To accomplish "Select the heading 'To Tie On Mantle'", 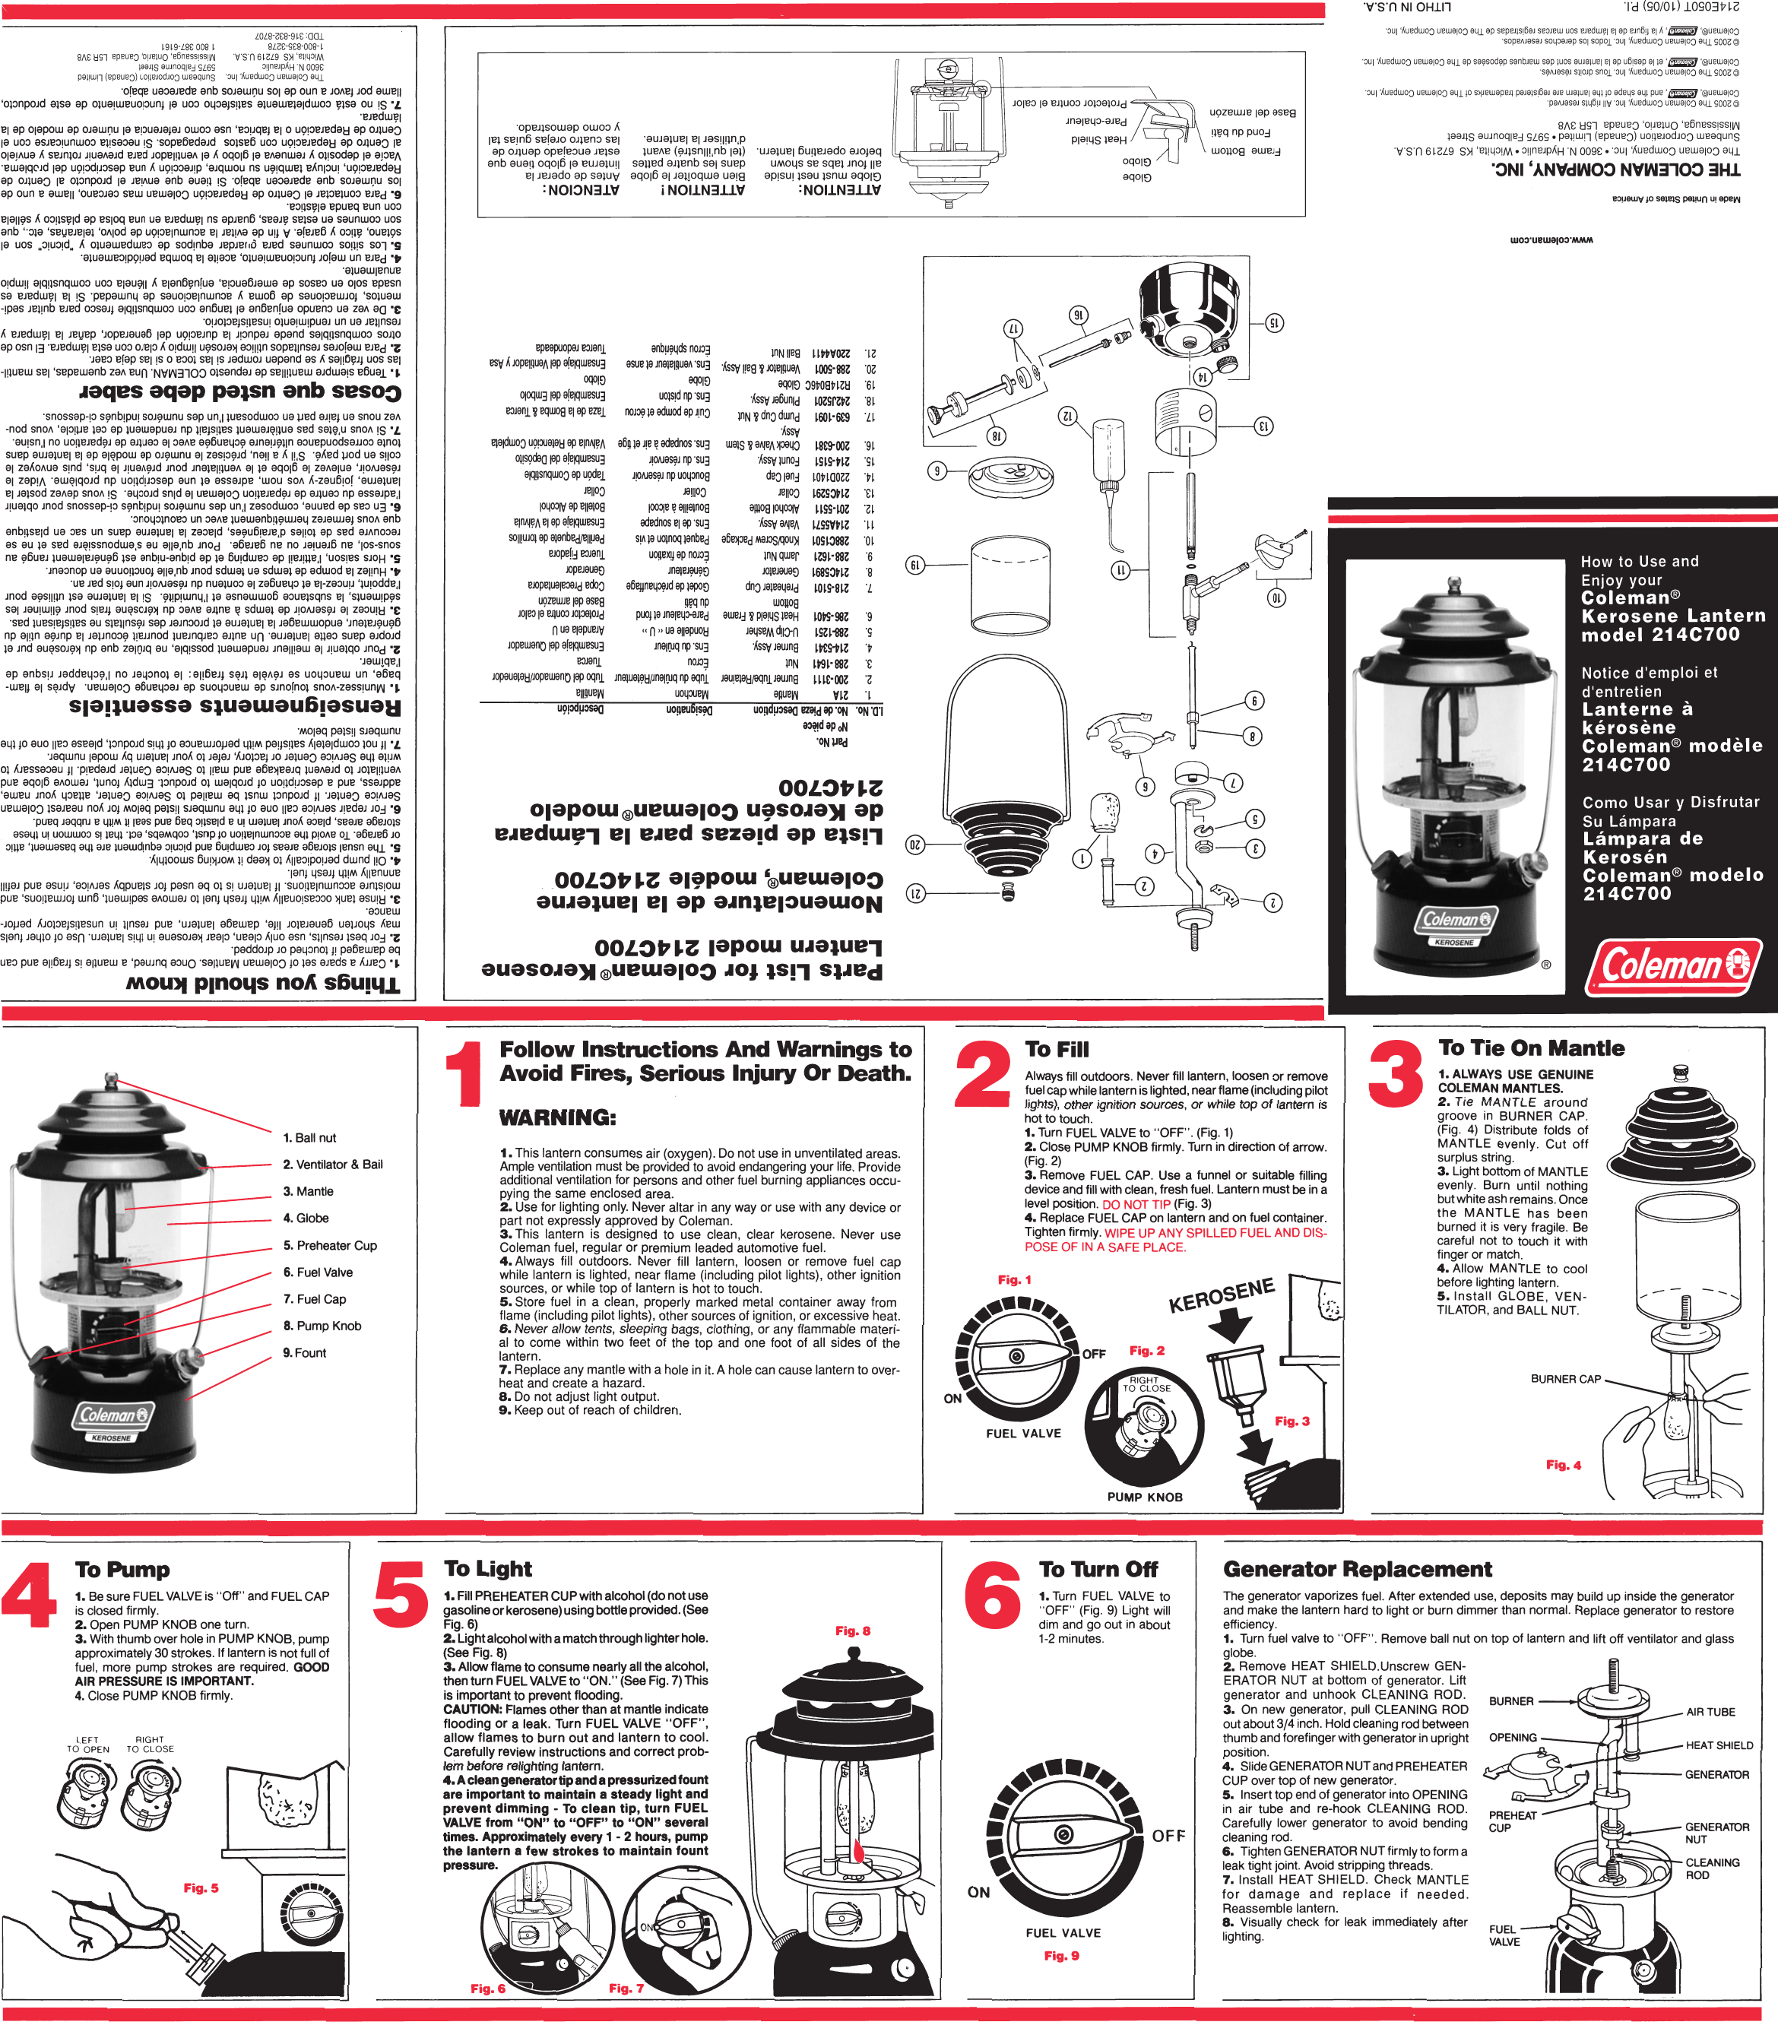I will (x=1531, y=1048).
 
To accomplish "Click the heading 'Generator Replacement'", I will (x=1357, y=1570).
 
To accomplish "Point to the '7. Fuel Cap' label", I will (x=314, y=1299).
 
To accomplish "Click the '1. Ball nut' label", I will (x=309, y=1138).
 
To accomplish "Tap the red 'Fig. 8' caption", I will (x=852, y=1631).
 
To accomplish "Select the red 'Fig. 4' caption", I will (x=1564, y=1465).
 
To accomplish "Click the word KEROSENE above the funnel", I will (x=1221, y=1296).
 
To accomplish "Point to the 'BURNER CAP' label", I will (x=1565, y=1379).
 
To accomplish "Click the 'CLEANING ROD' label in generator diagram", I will (x=1712, y=1868).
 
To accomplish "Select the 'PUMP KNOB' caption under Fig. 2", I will (x=1145, y=1497).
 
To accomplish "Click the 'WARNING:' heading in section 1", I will (x=557, y=1118).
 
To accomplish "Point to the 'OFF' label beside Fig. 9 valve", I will (x=1168, y=1836).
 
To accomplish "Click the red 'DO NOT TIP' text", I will (x=1136, y=1204).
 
